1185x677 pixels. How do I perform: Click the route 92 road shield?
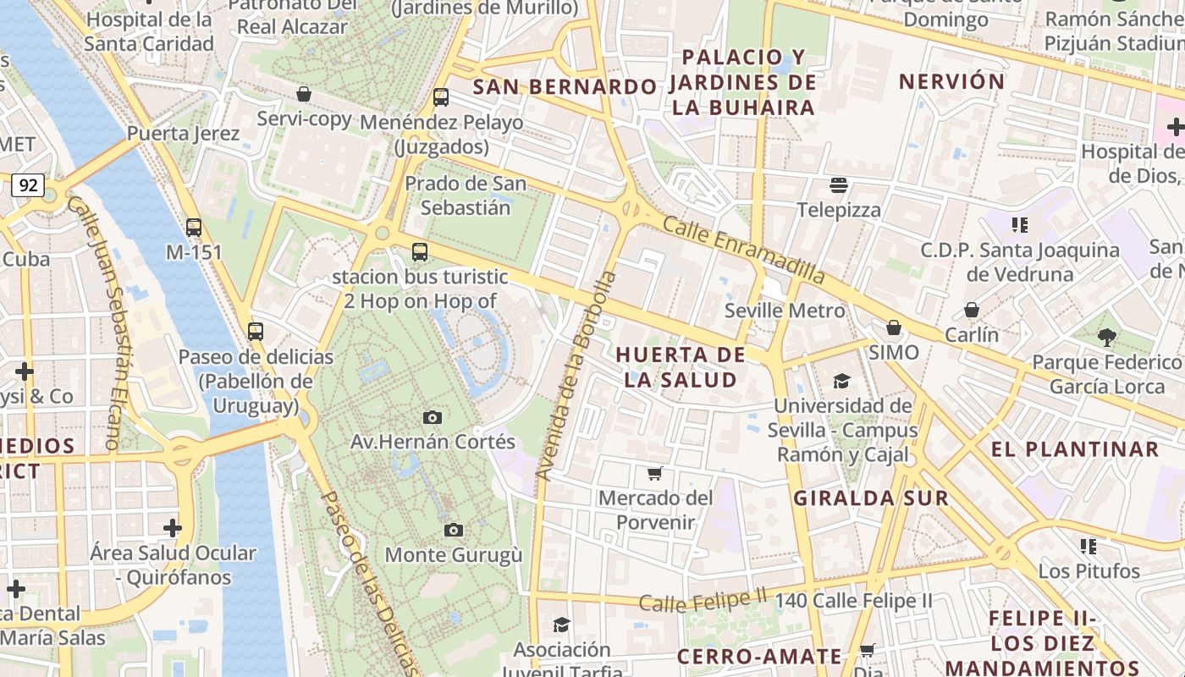pyautogui.click(x=28, y=185)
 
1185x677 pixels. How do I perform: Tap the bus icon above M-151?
pyautogui.click(x=194, y=228)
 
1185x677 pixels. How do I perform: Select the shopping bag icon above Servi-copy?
pyautogui.click(x=304, y=94)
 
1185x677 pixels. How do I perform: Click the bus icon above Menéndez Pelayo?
pyautogui.click(x=441, y=97)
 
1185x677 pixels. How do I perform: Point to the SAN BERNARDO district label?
pyautogui.click(x=565, y=86)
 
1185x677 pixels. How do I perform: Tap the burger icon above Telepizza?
pyautogui.click(x=839, y=184)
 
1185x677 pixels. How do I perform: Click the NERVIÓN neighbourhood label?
pyautogui.click(x=951, y=82)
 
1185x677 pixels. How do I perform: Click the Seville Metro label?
pyautogui.click(x=785, y=311)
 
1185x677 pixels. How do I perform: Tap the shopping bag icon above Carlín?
pyautogui.click(x=972, y=311)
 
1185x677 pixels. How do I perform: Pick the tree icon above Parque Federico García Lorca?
pyautogui.click(x=1106, y=338)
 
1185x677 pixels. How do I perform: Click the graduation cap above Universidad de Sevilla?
pyautogui.click(x=841, y=382)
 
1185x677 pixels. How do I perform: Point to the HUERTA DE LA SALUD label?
pyautogui.click(x=681, y=366)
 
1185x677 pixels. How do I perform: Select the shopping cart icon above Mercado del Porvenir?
pyautogui.click(x=654, y=473)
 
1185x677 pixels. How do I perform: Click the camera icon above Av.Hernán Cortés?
pyautogui.click(x=433, y=417)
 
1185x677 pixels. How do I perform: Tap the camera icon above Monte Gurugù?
pyautogui.click(x=454, y=531)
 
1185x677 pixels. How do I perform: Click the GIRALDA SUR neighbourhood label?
pyautogui.click(x=871, y=498)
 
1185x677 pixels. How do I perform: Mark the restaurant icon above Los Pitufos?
pyautogui.click(x=1089, y=547)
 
